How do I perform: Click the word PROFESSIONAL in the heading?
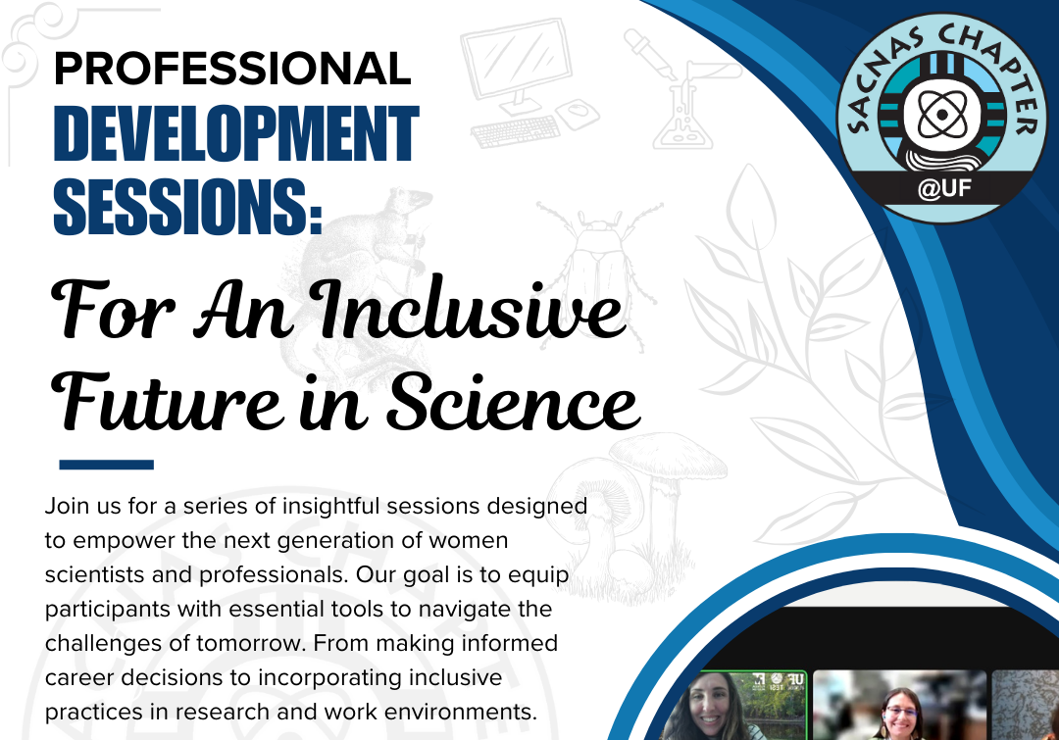click(x=231, y=70)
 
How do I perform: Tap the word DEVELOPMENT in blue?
click(x=235, y=137)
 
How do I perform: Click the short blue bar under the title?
click(x=106, y=465)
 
